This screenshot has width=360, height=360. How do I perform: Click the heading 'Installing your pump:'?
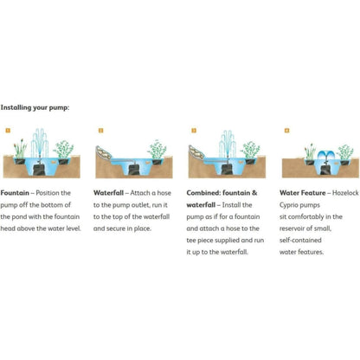(35, 107)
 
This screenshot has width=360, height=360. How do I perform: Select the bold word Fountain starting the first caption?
(15, 193)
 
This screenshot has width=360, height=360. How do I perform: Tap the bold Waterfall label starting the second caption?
(108, 193)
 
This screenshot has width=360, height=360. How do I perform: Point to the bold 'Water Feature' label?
(302, 193)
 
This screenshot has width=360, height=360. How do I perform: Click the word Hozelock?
(345, 193)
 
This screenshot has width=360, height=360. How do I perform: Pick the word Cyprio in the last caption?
(288, 205)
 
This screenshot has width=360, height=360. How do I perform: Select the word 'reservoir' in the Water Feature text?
(292, 228)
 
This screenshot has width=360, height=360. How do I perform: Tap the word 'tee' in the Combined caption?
(191, 241)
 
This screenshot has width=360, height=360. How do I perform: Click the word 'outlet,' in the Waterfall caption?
(140, 205)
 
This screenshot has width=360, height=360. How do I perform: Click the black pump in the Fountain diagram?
(39, 170)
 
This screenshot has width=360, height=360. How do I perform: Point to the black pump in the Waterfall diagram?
(133, 169)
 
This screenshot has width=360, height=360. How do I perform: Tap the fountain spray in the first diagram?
(40, 143)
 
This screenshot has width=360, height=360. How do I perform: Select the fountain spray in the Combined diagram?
(228, 145)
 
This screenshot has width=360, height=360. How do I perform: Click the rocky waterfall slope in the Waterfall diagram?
(104, 153)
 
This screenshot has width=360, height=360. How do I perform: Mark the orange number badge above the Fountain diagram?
(8, 131)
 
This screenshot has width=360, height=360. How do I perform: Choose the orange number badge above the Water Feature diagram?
(286, 131)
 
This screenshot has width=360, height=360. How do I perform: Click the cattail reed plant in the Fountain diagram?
(20, 150)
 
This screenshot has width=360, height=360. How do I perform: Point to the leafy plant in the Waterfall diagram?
(157, 150)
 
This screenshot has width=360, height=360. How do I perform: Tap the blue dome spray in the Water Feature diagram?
(326, 155)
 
